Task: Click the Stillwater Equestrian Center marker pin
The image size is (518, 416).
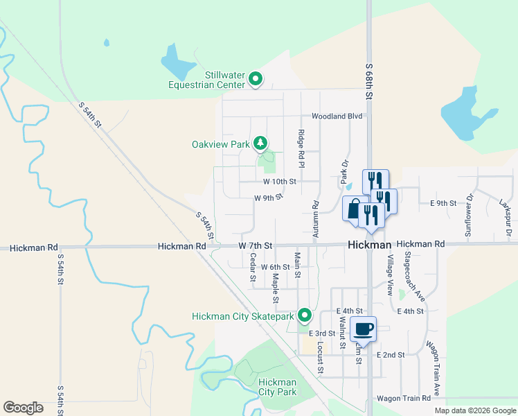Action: click(255, 79)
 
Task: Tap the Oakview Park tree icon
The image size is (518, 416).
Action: click(260, 144)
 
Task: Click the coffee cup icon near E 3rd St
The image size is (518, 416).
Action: click(363, 329)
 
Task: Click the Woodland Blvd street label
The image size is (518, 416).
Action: click(337, 116)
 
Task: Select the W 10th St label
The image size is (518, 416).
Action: click(280, 182)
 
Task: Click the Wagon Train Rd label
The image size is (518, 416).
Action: click(405, 399)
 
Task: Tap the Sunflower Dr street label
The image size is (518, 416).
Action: click(469, 215)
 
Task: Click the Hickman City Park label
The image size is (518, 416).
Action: click(277, 387)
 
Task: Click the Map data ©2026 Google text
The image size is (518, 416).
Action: click(474, 410)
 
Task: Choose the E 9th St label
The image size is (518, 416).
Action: click(443, 203)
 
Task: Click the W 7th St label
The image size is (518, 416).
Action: click(256, 246)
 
